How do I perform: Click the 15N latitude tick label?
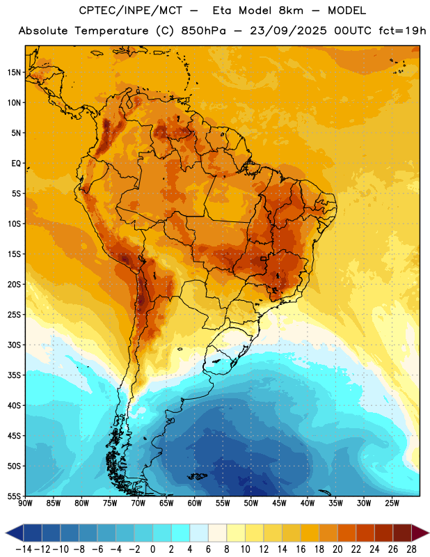coord(14,72)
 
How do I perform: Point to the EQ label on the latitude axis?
coord(16,164)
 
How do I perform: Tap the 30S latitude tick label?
coord(14,345)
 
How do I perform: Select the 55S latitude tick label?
coord(14,496)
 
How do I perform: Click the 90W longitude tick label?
coord(25,503)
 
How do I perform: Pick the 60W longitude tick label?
coord(195,503)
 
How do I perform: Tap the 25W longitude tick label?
coord(392,503)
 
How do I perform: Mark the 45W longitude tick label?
coord(280,503)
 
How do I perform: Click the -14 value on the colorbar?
coord(24,549)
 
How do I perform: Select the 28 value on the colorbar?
coord(411,549)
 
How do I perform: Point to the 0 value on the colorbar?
coord(152,549)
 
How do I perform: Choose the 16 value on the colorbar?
coord(301,549)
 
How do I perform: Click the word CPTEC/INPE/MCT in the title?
coord(131,10)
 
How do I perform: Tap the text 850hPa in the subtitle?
coord(203,31)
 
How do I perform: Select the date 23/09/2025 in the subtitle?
coord(288,31)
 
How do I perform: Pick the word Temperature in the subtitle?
coord(111,31)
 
